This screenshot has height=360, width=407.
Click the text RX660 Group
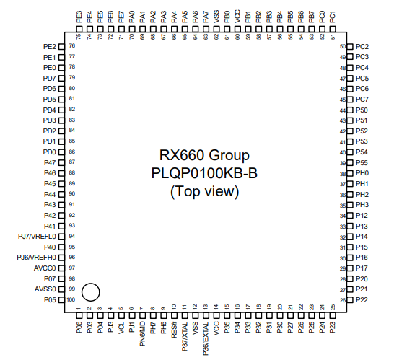[204, 156]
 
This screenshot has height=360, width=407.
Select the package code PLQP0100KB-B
[204, 173]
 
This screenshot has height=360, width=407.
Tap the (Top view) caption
[204, 192]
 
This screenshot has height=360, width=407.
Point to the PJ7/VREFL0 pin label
[37, 237]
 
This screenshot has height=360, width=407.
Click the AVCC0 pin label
[45, 268]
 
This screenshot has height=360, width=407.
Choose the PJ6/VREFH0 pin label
[36, 258]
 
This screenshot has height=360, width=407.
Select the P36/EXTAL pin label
[206, 338]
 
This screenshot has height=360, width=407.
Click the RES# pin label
[174, 330]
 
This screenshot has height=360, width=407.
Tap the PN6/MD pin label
[142, 334]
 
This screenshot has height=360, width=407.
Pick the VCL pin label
[121, 328]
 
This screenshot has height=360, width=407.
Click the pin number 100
[71, 300]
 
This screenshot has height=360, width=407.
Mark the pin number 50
[343, 46]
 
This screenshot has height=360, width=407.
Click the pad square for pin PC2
[350, 47]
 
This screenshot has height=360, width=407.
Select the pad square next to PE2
[61, 47]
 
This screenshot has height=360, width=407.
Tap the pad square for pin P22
[350, 300]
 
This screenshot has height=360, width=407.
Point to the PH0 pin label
[362, 173]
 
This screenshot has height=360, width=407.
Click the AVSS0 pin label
[45, 289]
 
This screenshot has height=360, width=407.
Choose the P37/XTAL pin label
[185, 337]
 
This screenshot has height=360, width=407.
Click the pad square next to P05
[61, 300]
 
